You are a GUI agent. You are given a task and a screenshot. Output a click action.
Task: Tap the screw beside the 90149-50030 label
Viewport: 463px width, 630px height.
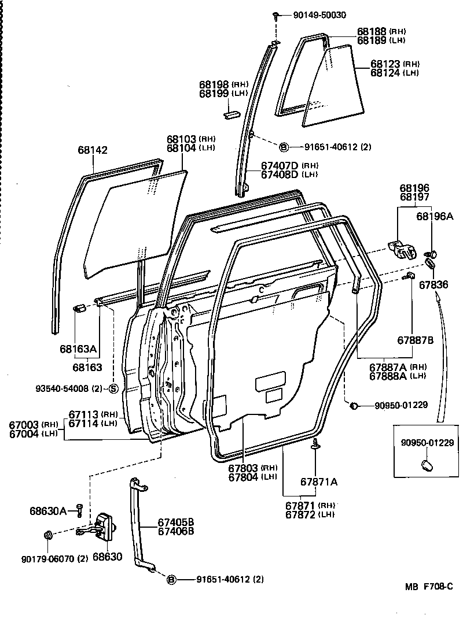point(277,14)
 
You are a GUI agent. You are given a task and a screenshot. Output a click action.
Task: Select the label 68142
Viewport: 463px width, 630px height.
point(93,150)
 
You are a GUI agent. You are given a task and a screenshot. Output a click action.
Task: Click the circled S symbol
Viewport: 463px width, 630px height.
point(113,388)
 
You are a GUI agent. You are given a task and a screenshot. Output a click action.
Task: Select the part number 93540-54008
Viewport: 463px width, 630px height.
point(67,388)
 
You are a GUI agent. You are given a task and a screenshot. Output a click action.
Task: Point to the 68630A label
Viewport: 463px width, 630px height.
point(48,510)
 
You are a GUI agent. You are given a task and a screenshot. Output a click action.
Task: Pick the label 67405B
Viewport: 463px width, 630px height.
point(176,523)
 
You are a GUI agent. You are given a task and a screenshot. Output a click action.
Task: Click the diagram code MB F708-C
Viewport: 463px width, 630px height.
point(428,586)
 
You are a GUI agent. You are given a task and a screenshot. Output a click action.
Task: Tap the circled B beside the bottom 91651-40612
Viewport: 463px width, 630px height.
point(171,580)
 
